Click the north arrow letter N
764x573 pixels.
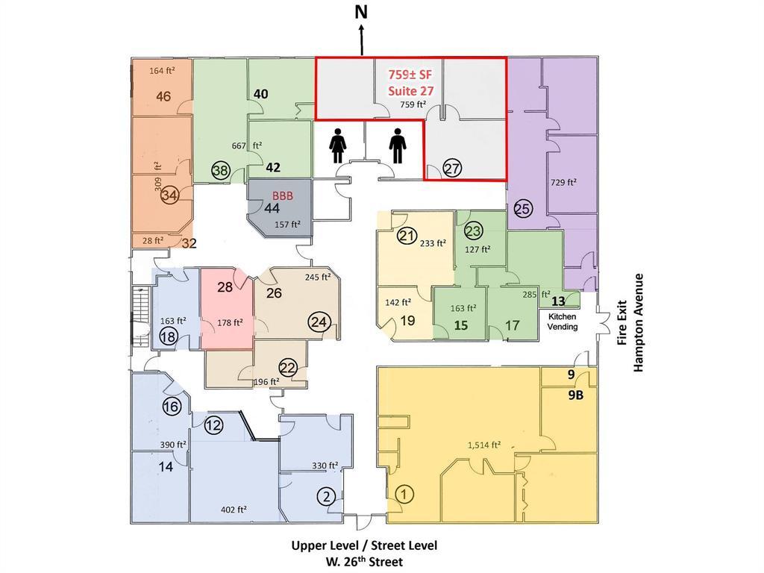click(x=361, y=13)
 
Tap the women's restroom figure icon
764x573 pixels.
click(x=338, y=145)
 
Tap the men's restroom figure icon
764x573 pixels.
click(x=398, y=145)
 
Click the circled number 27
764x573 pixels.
click(x=452, y=169)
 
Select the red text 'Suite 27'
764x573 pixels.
click(x=410, y=90)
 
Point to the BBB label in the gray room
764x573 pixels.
click(x=283, y=196)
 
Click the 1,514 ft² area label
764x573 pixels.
click(x=484, y=445)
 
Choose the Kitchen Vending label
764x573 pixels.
click(x=563, y=322)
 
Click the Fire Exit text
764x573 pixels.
click(x=621, y=323)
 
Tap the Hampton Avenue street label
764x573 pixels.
click(x=639, y=323)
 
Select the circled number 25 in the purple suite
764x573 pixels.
click(x=523, y=209)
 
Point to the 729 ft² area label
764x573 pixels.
click(x=564, y=182)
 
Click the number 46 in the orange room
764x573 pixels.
click(x=163, y=96)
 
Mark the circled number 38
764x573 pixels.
click(x=221, y=171)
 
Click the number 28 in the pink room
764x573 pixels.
click(x=225, y=287)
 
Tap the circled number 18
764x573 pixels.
click(x=169, y=336)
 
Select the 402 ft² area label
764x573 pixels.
click(x=234, y=510)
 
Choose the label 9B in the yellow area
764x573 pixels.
click(x=575, y=395)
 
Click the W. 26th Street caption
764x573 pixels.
click(x=364, y=562)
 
